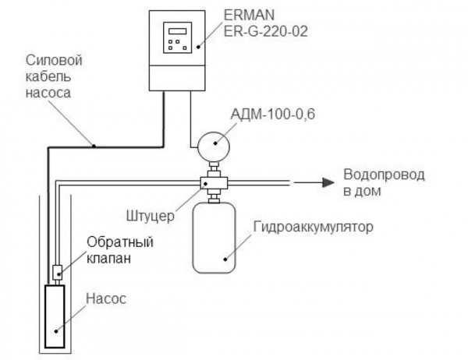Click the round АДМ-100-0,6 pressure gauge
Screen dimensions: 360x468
coord(213,143)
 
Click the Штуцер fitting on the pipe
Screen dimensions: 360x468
coord(211,182)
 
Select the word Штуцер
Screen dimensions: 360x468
coord(147,210)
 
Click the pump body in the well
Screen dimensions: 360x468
coord(55,316)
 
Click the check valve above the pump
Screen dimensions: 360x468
coord(55,272)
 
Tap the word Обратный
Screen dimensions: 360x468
coord(109,241)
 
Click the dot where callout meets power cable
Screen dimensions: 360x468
coord(94,145)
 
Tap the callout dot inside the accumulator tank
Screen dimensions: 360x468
coord(225,259)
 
